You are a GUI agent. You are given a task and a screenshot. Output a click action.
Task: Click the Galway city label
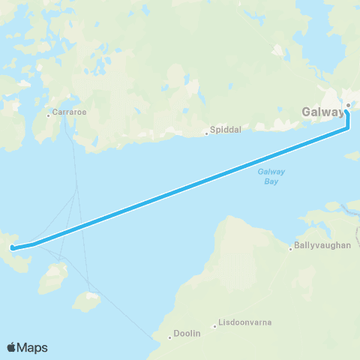click(x=323, y=112)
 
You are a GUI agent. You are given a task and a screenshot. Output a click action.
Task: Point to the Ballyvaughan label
click(x=323, y=245)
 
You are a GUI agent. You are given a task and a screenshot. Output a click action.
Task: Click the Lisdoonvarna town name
click(x=244, y=323)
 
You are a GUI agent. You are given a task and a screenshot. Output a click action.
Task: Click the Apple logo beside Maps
click(x=13, y=347)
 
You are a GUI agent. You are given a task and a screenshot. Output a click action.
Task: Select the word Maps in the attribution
click(x=34, y=347)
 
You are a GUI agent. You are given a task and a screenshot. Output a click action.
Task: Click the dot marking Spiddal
click(x=207, y=134)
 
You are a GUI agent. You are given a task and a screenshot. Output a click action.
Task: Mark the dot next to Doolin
click(x=171, y=337)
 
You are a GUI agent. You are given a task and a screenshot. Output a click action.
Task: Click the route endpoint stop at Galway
click(x=347, y=105)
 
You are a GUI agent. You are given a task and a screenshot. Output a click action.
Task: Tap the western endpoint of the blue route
click(x=13, y=247)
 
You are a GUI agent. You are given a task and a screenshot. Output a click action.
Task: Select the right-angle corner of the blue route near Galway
click(x=348, y=128)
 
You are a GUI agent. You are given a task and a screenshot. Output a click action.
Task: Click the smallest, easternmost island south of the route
click(x=87, y=302)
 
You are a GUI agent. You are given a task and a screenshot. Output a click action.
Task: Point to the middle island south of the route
click(x=52, y=279)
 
